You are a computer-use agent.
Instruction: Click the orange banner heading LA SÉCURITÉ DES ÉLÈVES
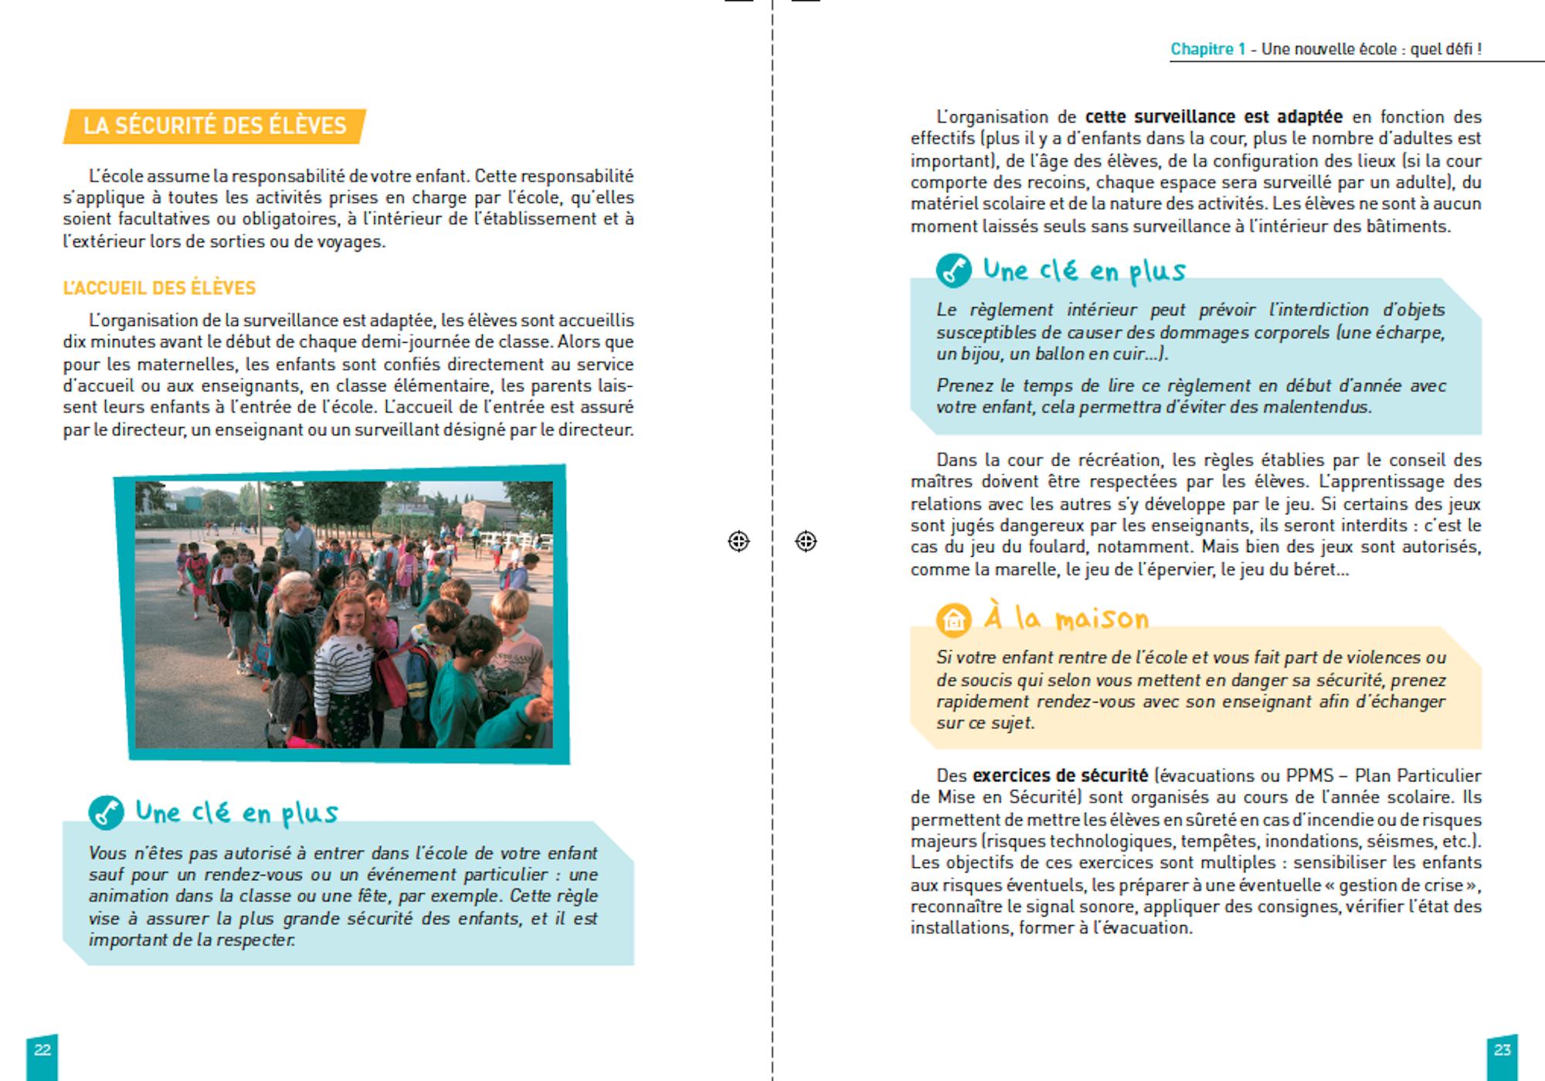click(214, 126)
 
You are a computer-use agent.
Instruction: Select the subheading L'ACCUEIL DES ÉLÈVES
click(159, 288)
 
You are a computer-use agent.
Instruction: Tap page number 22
click(42, 1050)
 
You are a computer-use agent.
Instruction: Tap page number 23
click(1502, 1050)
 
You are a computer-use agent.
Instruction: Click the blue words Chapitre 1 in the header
click(1207, 49)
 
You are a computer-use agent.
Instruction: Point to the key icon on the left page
click(106, 812)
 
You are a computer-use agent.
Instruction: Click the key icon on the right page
click(953, 270)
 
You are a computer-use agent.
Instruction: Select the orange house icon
click(953, 619)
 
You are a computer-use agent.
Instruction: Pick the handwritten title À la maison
click(1067, 618)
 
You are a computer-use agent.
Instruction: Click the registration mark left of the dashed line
click(739, 541)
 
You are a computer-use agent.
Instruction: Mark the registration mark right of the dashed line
click(806, 541)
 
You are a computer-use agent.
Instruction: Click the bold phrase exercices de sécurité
click(1060, 775)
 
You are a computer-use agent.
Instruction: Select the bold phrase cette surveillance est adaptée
click(1214, 117)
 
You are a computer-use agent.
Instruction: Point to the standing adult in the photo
click(296, 540)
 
